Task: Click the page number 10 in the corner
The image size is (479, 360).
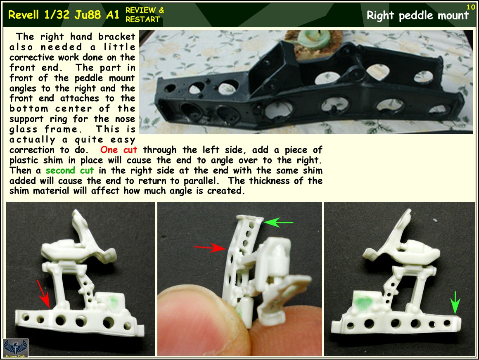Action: pyautogui.click(x=471, y=7)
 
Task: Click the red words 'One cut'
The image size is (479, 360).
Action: pyautogui.click(x=119, y=149)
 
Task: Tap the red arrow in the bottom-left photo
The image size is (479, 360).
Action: pyautogui.click(x=43, y=293)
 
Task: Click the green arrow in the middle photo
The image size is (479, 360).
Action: pyautogui.click(x=278, y=223)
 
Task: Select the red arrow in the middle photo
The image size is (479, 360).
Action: pyautogui.click(x=209, y=248)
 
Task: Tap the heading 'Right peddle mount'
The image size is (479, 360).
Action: pyautogui.click(x=417, y=16)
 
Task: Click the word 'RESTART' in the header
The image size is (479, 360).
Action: pyautogui.click(x=142, y=19)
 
